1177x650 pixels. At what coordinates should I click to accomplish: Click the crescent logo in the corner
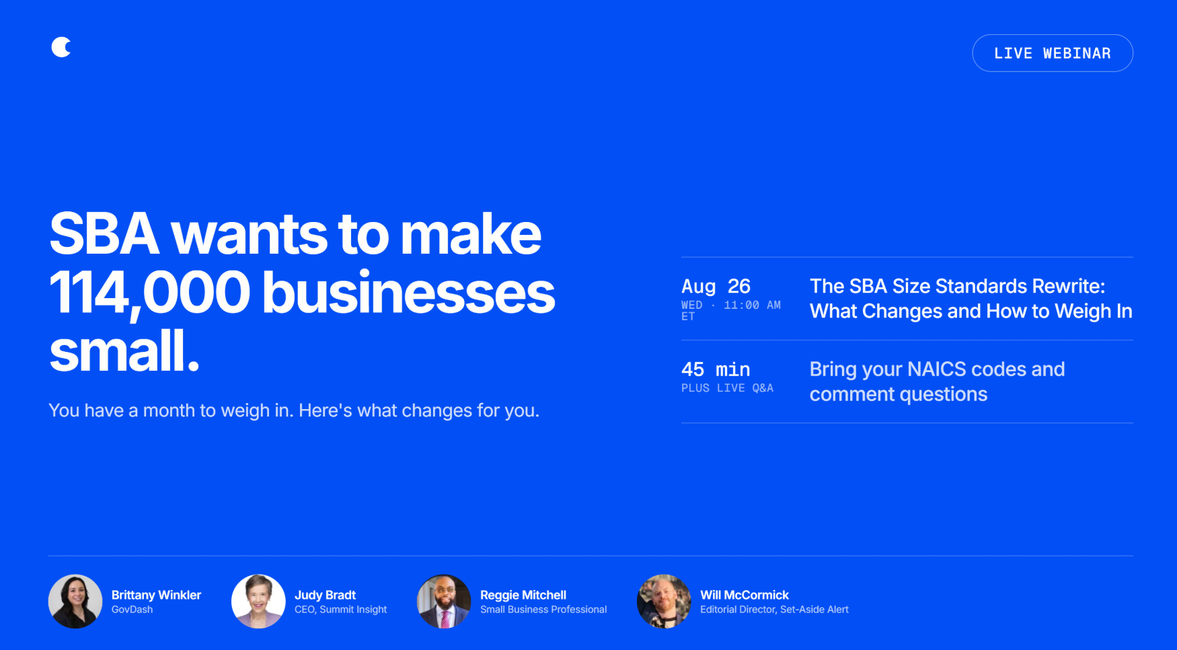pyautogui.click(x=61, y=47)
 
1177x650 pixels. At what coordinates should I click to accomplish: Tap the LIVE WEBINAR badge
pyautogui.click(x=1053, y=53)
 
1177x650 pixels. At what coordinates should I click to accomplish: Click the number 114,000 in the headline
pyautogui.click(x=150, y=293)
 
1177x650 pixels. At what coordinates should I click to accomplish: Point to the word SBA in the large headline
pyautogui.click(x=104, y=234)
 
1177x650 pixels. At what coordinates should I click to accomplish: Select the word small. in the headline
pyautogui.click(x=124, y=351)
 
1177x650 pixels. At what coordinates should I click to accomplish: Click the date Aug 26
pyautogui.click(x=716, y=287)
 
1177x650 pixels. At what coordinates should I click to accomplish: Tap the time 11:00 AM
pyautogui.click(x=752, y=305)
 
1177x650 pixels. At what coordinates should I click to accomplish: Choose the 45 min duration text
pyautogui.click(x=716, y=369)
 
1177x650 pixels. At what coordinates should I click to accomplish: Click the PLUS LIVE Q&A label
pyautogui.click(x=727, y=388)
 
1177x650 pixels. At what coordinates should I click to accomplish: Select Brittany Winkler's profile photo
pyautogui.click(x=75, y=602)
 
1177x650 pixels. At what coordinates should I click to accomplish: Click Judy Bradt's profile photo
pyautogui.click(x=258, y=602)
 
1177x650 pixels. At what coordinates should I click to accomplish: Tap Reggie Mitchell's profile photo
pyautogui.click(x=444, y=602)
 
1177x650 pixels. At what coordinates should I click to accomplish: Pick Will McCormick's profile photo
pyautogui.click(x=664, y=602)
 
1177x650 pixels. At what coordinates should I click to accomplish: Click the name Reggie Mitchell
pyautogui.click(x=523, y=595)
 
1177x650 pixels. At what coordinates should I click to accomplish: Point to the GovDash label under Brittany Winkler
pyautogui.click(x=132, y=610)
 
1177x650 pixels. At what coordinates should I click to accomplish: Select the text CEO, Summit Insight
pyautogui.click(x=340, y=610)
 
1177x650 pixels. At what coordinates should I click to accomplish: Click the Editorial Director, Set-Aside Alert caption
pyautogui.click(x=774, y=610)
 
